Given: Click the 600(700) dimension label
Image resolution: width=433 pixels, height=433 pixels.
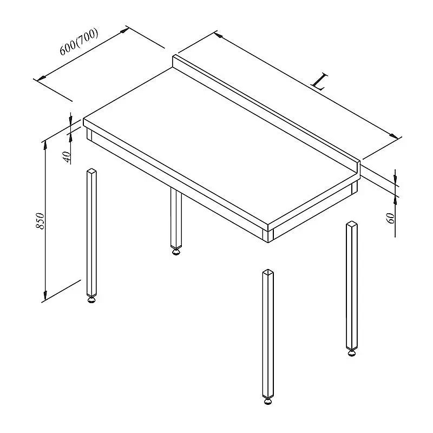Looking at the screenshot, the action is click(x=79, y=42).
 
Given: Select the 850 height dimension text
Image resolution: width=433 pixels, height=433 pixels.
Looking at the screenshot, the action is click(x=40, y=221).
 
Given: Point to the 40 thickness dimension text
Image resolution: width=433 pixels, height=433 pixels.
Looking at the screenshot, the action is click(x=67, y=157).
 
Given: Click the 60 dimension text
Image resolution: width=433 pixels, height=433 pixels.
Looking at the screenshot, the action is click(x=391, y=218).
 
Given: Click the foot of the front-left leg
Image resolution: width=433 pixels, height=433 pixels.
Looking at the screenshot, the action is click(x=91, y=299).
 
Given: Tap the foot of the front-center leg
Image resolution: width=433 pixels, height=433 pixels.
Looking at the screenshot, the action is click(x=268, y=401).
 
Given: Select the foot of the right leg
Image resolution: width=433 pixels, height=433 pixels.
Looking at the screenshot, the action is click(x=351, y=353).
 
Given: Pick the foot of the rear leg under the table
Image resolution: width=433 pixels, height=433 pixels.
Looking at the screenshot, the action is click(x=175, y=251).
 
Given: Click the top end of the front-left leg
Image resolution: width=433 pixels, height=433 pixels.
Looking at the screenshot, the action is click(x=91, y=170).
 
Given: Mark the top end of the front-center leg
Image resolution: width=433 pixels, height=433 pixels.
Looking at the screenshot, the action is click(x=268, y=272).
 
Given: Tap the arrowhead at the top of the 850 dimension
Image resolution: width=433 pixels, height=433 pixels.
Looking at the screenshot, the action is click(x=44, y=145).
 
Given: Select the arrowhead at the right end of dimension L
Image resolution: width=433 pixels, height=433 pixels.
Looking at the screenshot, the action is click(x=394, y=136).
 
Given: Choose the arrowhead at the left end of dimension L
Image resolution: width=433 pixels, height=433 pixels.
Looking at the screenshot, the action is click(x=219, y=35).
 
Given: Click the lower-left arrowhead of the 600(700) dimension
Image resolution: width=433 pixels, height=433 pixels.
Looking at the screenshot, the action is click(x=41, y=78).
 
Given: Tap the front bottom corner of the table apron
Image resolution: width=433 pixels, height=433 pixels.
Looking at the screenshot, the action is click(x=268, y=242).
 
